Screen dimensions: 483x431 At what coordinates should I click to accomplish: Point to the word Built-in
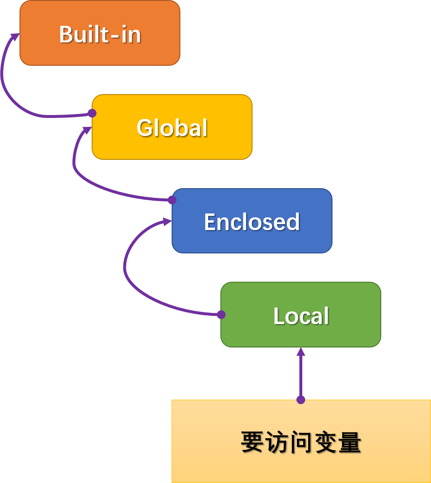click(100, 34)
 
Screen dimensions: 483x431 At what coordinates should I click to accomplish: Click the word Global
click(172, 128)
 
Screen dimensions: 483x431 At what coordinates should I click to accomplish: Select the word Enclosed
click(252, 222)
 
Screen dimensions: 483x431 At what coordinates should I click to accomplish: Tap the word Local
click(301, 316)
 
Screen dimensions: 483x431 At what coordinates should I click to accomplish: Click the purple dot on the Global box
click(92, 113)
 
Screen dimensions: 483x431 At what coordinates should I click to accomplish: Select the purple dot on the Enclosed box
click(172, 200)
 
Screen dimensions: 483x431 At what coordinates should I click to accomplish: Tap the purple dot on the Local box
click(221, 314)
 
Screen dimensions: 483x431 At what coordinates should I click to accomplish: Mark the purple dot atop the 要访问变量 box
click(301, 400)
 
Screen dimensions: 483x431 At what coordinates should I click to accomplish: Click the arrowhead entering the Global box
click(87, 130)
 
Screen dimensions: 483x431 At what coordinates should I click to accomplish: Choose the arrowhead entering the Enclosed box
click(167, 222)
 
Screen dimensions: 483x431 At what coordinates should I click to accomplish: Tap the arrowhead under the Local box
click(301, 352)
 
